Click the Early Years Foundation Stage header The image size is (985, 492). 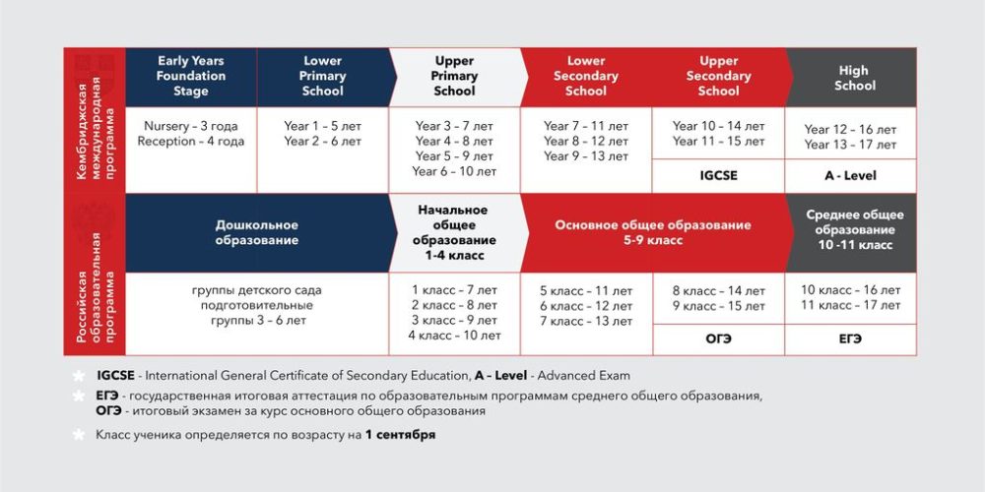191,76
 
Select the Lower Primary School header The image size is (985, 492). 322,76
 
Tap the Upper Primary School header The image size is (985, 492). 454,76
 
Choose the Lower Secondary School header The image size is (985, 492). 586,76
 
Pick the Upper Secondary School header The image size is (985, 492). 718,76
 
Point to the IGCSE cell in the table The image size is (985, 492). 718,176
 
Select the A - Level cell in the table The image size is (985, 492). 850,176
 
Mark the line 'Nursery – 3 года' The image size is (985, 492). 191,126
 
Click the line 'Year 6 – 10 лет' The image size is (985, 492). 455,171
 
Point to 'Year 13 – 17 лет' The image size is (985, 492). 850,145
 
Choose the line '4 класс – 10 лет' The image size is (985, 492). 455,336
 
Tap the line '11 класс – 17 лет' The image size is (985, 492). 850,305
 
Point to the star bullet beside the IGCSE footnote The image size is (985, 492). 78,376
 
